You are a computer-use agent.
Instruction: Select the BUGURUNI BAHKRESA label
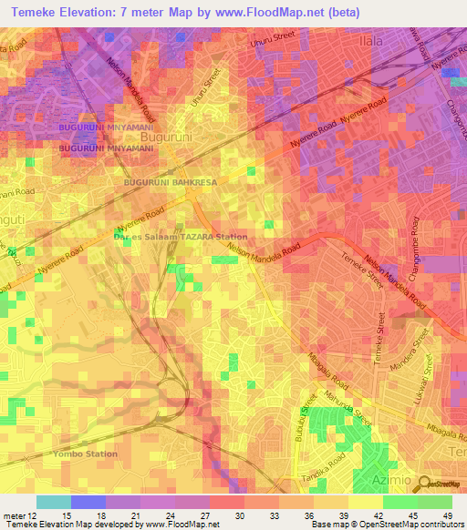[x=171, y=182]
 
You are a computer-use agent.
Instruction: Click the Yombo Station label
[x=85, y=453]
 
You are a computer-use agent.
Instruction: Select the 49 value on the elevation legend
[x=447, y=515]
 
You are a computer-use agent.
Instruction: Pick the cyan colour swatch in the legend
[x=54, y=502]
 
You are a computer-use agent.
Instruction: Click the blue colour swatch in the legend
[x=88, y=502]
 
